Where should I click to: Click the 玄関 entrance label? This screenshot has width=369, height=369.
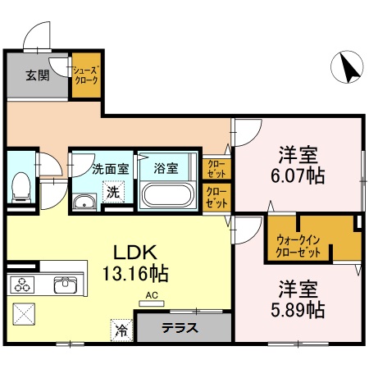(x=37, y=76)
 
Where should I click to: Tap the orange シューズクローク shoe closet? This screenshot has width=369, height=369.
(x=85, y=76)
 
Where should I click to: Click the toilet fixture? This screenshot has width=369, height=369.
(x=21, y=186)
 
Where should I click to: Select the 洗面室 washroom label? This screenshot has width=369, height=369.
(x=109, y=169)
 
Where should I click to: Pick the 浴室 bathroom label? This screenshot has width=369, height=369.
(x=166, y=169)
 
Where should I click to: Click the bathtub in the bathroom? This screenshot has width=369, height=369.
(x=167, y=197)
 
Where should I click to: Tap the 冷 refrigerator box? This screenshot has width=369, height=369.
(x=121, y=331)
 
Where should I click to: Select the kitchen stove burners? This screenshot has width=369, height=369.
(x=22, y=285)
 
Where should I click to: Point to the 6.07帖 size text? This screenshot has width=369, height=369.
(x=298, y=175)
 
